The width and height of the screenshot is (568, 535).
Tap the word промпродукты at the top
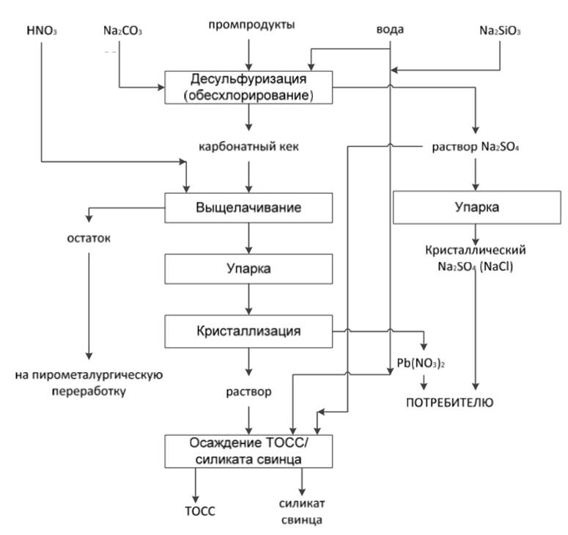point(251,26)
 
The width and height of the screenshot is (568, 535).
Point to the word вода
point(389,30)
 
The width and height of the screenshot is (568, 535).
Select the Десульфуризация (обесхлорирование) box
point(250,87)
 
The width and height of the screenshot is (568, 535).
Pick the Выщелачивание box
point(249,208)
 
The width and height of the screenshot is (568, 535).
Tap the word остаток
point(84,239)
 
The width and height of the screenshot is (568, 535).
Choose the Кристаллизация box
point(249,330)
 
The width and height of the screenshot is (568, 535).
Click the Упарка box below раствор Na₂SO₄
point(478,208)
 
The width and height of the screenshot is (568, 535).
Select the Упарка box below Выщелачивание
point(249,269)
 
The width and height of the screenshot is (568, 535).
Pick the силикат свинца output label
point(300,512)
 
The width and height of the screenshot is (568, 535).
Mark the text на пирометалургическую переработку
point(88,383)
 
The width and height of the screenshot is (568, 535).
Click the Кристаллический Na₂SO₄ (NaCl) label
point(476,258)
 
